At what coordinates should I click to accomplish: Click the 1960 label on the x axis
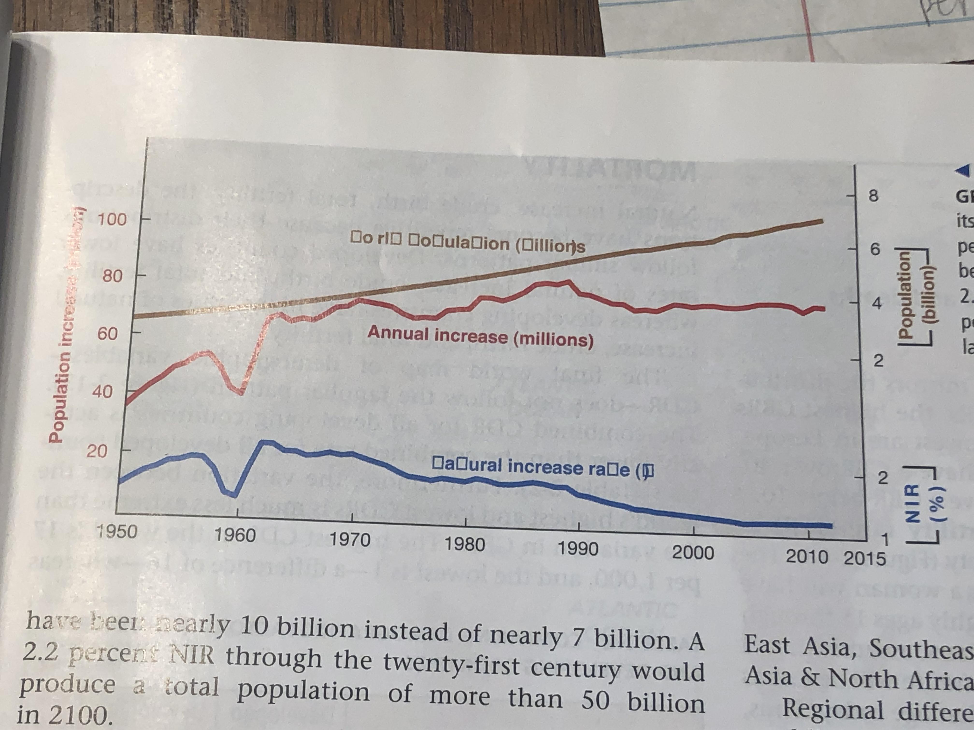pos(235,535)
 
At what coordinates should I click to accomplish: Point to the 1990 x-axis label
pos(578,549)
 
